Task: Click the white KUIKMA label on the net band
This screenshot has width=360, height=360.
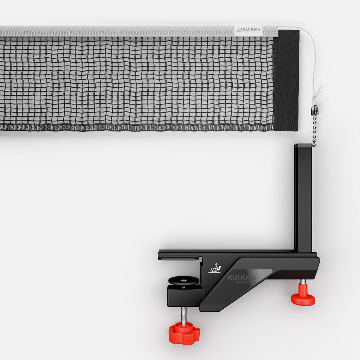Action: pyautogui.click(x=248, y=30)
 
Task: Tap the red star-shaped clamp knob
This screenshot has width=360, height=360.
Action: pyautogui.click(x=184, y=332)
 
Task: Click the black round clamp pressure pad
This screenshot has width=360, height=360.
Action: pyautogui.click(x=183, y=281)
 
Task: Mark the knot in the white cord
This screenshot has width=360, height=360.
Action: pyautogui.click(x=317, y=93)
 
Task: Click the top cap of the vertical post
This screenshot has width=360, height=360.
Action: pyautogui.click(x=303, y=146)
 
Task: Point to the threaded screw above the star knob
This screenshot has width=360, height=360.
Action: pyautogui.click(x=184, y=315)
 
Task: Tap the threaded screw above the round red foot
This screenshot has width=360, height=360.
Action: pyautogui.click(x=303, y=282)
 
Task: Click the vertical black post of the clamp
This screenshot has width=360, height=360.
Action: pyautogui.click(x=303, y=197)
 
